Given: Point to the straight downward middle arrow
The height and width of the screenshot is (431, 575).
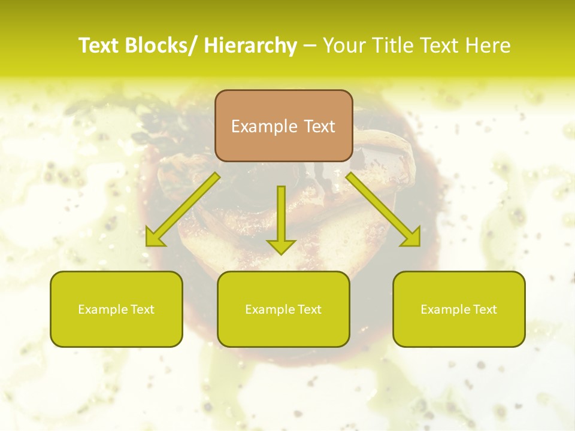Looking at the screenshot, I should coord(281,219).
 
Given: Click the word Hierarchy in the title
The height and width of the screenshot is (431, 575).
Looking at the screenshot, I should coord(250,45).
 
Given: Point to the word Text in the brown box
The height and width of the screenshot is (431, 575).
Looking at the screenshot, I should coord(319,126).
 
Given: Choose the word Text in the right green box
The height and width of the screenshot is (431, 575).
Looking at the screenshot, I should coord(484,309).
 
